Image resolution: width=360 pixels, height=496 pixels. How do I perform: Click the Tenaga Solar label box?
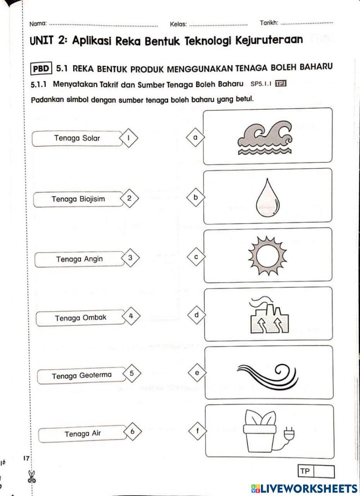[77, 138]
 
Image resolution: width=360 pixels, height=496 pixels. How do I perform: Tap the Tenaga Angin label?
[79, 259]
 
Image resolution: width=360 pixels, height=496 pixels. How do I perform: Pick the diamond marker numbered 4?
[131, 316]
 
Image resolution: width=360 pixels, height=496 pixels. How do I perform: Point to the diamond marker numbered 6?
[132, 431]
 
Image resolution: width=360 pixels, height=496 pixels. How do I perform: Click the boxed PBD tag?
[42, 68]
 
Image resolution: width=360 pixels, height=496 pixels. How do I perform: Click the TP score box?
[316, 472]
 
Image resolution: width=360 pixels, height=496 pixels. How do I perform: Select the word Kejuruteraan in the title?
[269, 40]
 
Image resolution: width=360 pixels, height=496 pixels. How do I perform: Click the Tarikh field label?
[269, 23]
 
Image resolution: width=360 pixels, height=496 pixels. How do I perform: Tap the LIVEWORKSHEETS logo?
[304, 488]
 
